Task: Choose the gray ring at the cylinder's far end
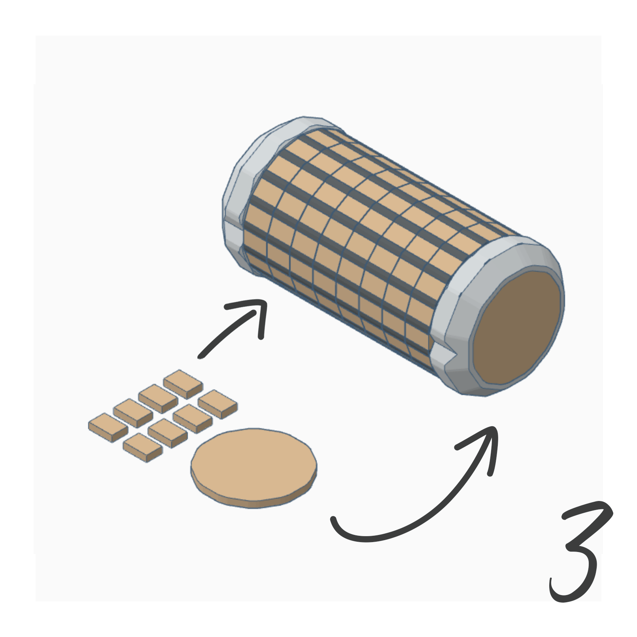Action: pos(245,166)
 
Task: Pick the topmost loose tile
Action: pos(183,382)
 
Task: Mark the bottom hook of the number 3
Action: pos(561,593)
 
